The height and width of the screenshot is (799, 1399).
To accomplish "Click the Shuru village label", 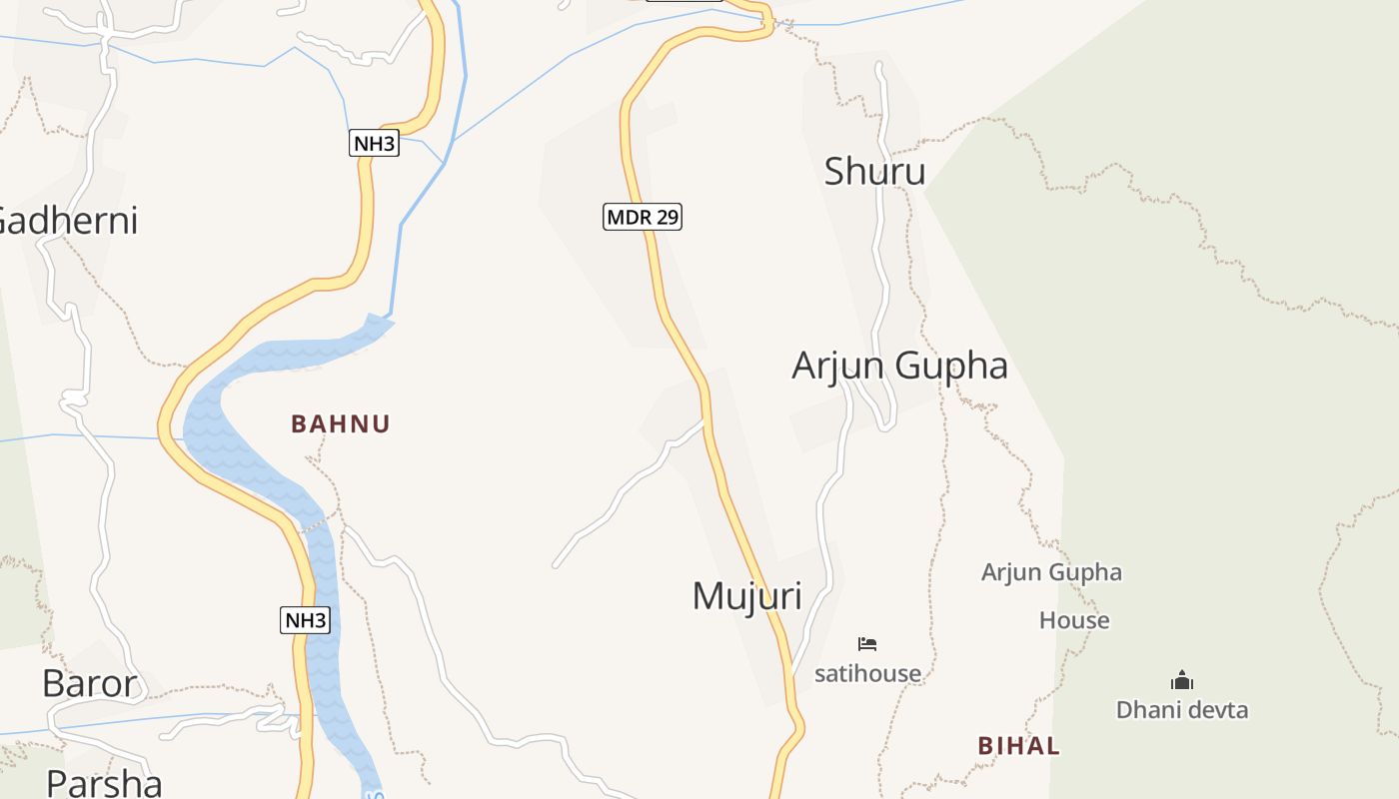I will (x=874, y=172).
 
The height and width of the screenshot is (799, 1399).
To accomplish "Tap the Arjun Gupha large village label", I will (x=899, y=366).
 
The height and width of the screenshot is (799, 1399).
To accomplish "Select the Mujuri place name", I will (x=746, y=596).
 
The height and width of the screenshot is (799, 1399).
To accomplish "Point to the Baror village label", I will (x=89, y=684).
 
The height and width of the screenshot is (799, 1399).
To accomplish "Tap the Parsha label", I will (x=104, y=782).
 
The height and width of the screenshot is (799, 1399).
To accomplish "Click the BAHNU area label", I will (x=341, y=423).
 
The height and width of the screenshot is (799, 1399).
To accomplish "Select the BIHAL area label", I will (x=1018, y=746).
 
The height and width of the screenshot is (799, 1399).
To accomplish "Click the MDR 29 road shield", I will (x=643, y=217).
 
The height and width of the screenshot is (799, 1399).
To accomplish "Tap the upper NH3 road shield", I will (x=374, y=143).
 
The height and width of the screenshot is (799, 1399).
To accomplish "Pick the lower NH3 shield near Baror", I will (x=305, y=620).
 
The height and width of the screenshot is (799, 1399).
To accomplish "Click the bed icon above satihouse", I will (x=867, y=644).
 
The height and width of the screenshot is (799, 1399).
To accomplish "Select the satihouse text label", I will (x=867, y=674).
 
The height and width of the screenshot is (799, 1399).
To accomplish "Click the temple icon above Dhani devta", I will (x=1182, y=681).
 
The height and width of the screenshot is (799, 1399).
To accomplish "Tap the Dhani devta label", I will (x=1182, y=710).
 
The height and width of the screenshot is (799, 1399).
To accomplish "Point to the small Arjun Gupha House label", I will (x=1052, y=596).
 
